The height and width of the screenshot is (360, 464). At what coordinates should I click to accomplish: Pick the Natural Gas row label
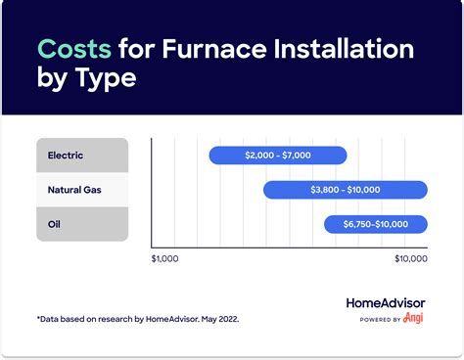pos(75,189)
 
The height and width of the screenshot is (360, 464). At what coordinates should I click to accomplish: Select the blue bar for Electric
pos(278,155)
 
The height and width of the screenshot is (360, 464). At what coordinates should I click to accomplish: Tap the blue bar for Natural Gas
pos(345,189)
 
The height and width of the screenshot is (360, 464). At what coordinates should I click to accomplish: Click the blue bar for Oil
pos(375,224)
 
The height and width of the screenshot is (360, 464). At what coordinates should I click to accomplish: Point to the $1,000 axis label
pos(166,259)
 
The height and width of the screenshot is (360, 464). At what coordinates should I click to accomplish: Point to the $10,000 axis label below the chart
pos(410,259)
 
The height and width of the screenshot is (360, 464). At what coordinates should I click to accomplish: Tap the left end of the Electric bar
pos(212,155)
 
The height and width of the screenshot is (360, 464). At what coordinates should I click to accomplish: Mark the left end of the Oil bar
pos(328,224)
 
